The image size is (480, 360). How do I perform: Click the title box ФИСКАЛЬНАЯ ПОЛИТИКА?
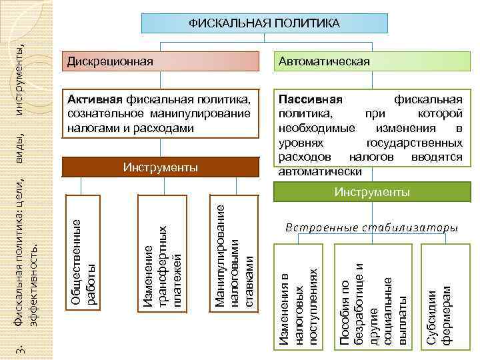coord(264,23)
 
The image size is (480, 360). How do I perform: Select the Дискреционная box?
coord(160,61)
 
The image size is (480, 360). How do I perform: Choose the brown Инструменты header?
coord(160,167)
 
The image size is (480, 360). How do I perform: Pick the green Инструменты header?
coord(372,193)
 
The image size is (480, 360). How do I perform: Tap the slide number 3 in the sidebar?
coord(21,348)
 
